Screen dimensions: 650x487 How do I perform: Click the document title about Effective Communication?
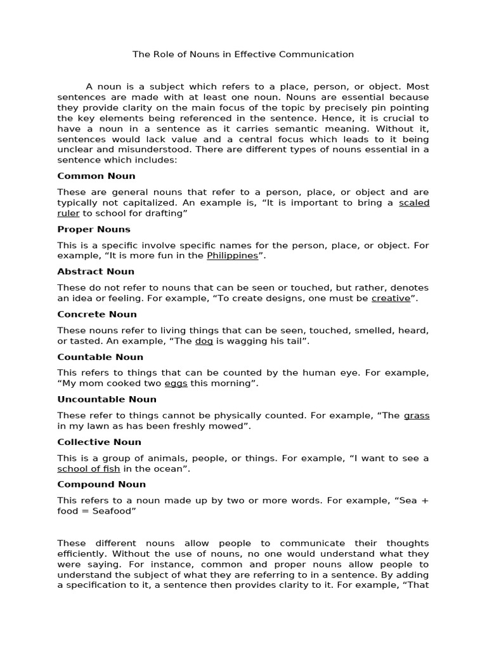243,55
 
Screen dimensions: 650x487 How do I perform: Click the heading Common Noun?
96,176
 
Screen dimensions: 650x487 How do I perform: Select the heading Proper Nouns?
94,229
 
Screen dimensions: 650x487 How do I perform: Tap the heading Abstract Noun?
96,272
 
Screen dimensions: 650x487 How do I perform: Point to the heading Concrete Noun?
97,314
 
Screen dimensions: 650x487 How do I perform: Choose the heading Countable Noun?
100,357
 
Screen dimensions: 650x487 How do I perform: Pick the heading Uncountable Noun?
107,399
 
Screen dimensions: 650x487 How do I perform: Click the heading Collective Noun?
99,442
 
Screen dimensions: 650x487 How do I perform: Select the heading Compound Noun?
101,484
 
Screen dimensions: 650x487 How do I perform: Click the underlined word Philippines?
233,256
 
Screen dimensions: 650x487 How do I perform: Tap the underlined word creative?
391,298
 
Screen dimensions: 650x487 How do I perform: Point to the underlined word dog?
204,341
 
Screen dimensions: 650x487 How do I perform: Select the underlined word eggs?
176,383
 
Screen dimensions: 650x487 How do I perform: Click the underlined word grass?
417,416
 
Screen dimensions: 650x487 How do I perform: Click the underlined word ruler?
68,213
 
